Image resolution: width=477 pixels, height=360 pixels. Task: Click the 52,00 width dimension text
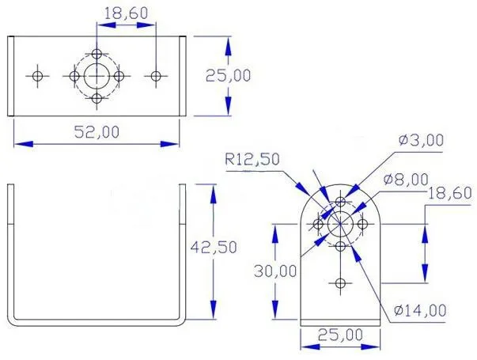(97, 131)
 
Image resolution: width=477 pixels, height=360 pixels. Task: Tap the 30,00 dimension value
(276, 271)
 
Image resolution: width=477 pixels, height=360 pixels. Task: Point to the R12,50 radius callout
(252, 159)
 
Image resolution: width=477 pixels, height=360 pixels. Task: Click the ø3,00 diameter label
(422, 140)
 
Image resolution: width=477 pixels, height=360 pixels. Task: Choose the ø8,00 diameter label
(406, 180)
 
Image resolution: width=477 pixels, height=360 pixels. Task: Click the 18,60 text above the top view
(126, 13)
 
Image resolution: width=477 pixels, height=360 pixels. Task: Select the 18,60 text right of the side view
(449, 193)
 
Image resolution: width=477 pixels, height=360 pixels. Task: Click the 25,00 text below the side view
(340, 335)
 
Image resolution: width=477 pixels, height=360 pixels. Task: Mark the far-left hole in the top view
(37, 75)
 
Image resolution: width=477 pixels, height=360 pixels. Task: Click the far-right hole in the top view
(156, 75)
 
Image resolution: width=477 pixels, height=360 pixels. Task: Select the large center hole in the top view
(97, 75)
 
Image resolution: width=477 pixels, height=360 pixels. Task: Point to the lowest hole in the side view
(340, 283)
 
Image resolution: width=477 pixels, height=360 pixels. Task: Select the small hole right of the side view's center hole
(362, 225)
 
